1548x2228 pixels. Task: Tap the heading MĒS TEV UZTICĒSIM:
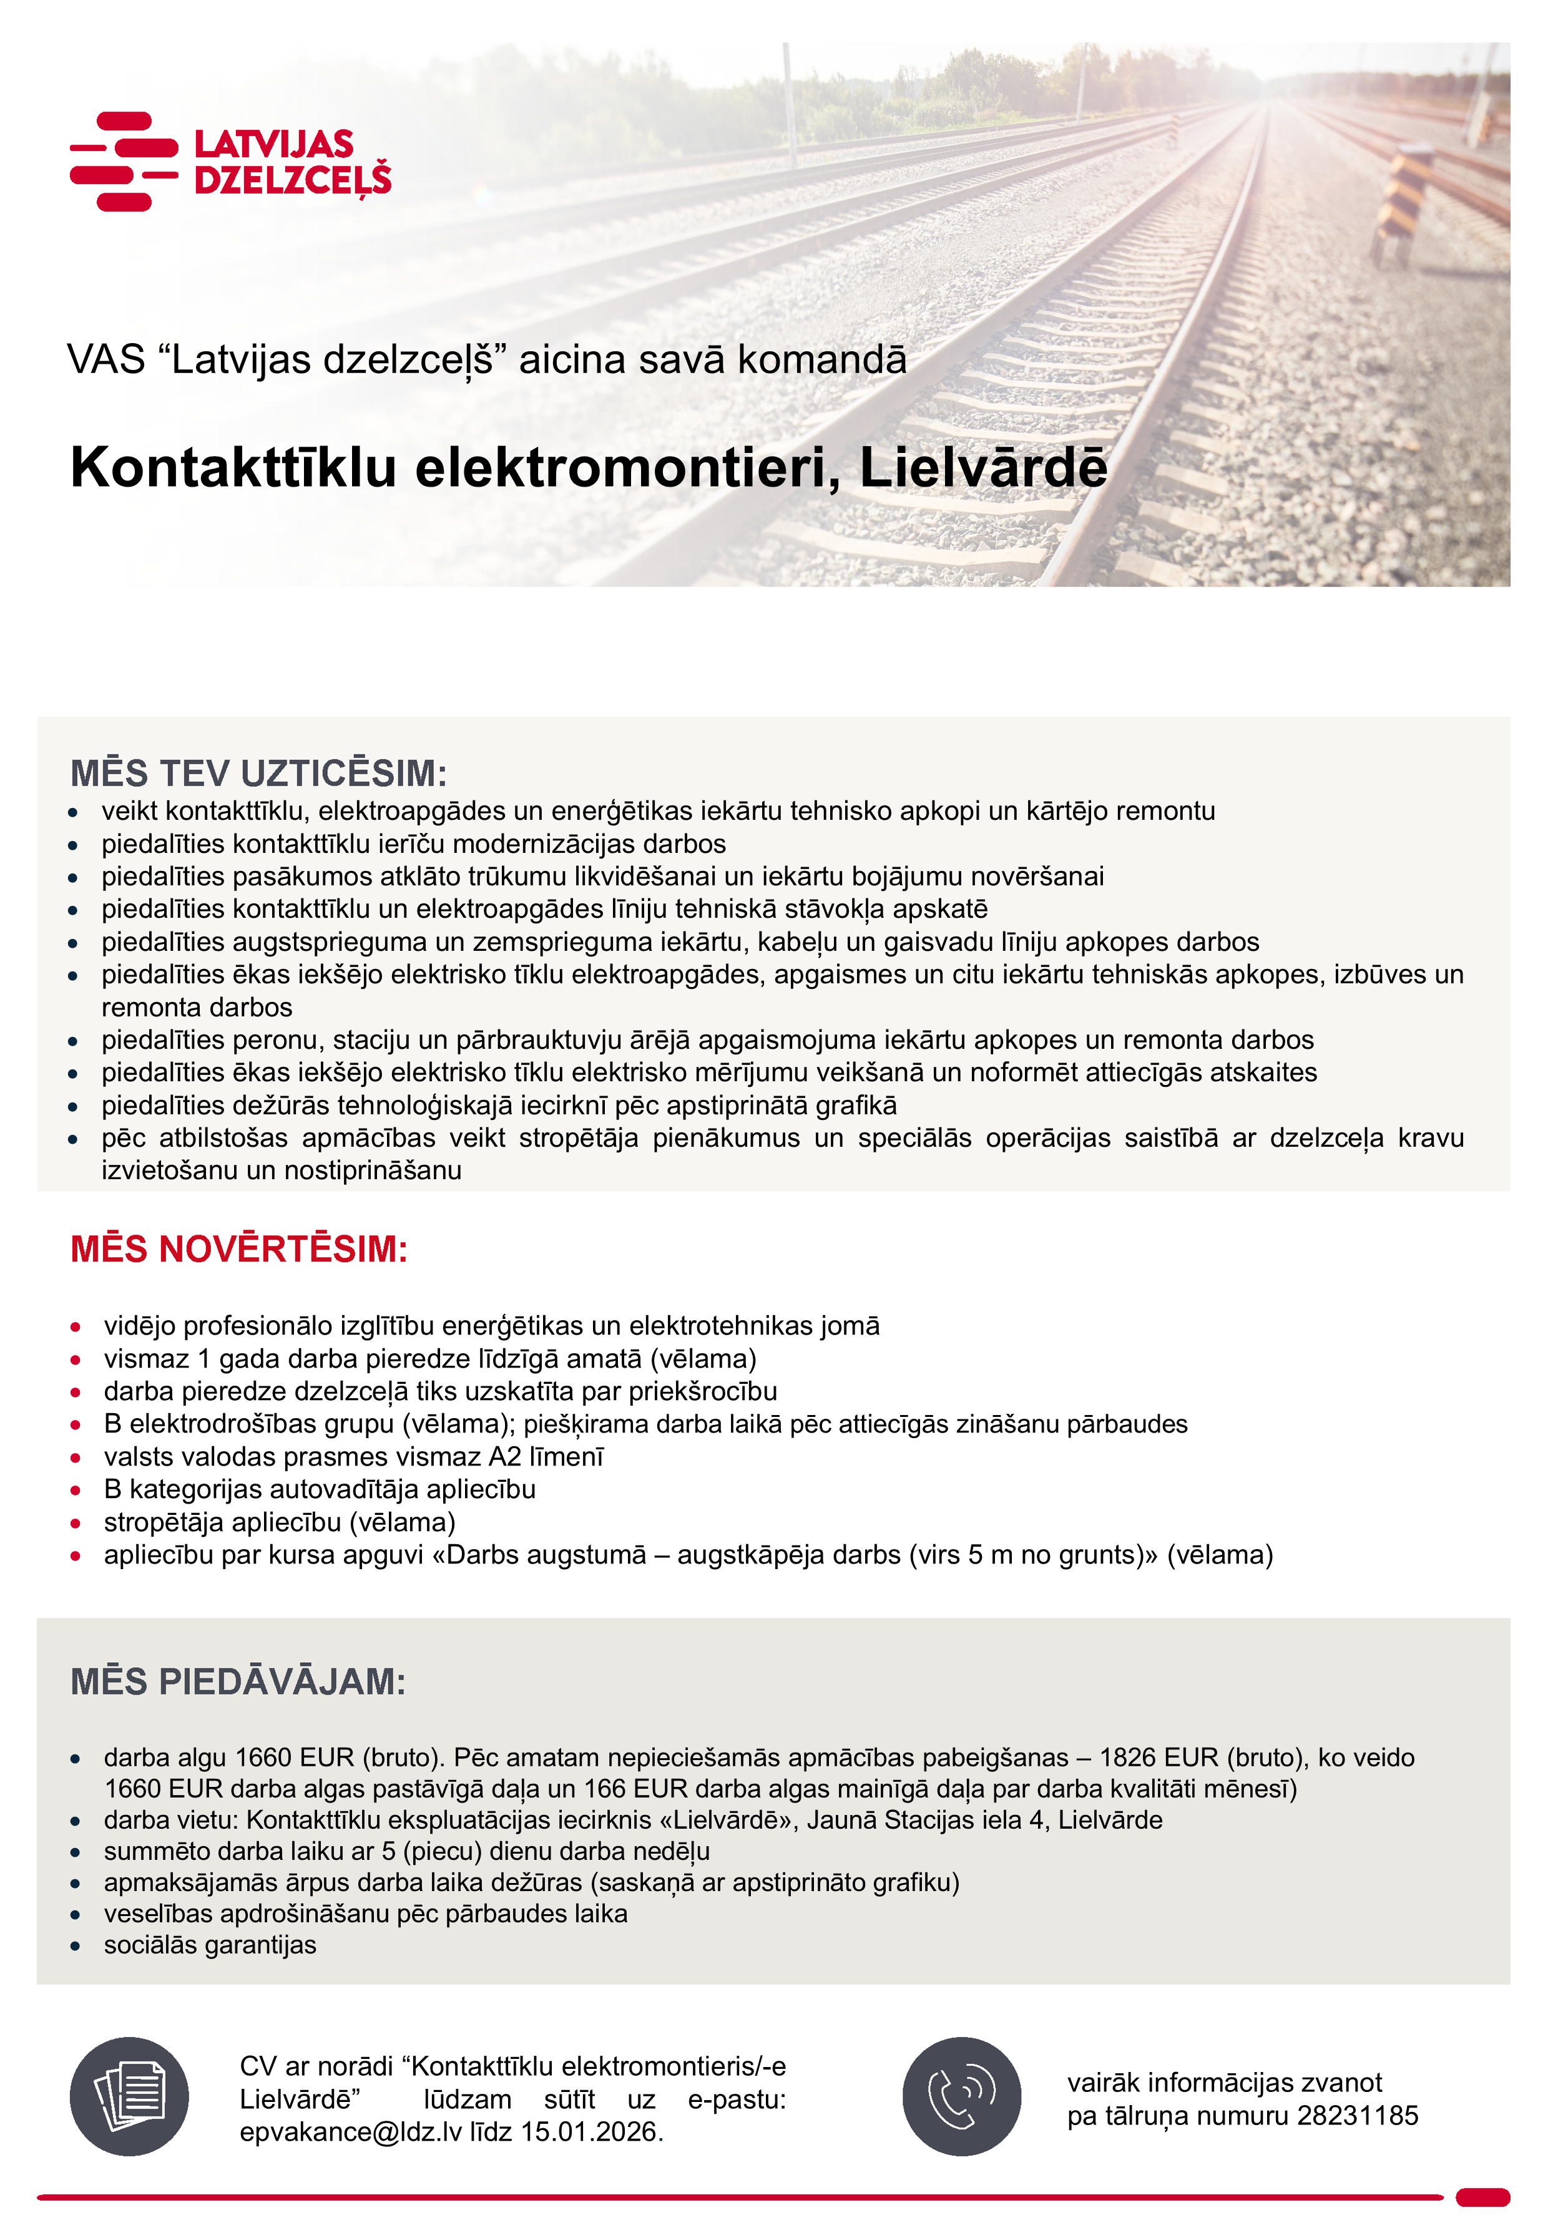(258, 774)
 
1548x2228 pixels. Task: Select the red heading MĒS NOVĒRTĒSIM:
(238, 1250)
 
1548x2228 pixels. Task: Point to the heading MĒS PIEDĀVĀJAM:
(238, 1682)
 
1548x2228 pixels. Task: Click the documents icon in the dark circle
(129, 2097)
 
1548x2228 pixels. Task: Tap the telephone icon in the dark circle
(961, 2097)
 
